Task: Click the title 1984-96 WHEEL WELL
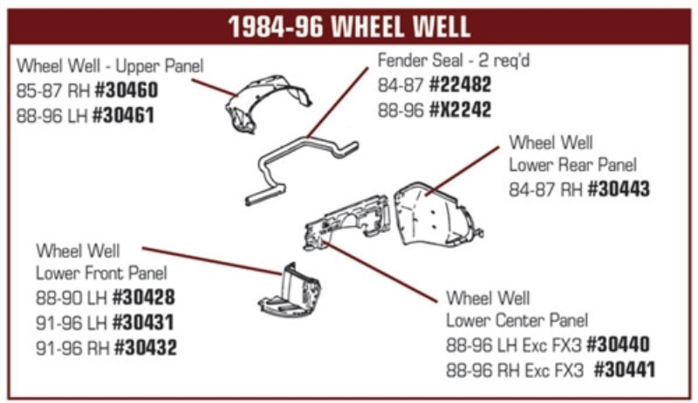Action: point(349,27)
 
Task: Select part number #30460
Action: point(127,91)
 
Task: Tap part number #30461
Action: point(123,116)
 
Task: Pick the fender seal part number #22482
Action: point(460,85)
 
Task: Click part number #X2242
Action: point(460,110)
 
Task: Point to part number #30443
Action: point(619,189)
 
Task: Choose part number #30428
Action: point(144,297)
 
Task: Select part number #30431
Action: point(143,323)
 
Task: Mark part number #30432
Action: point(146,347)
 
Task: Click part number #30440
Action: point(619,345)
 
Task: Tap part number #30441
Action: point(625,370)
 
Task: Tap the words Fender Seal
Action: point(421,60)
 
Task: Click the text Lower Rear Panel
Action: point(573,165)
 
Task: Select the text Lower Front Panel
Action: point(101,273)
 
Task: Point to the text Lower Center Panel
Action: point(517,320)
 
